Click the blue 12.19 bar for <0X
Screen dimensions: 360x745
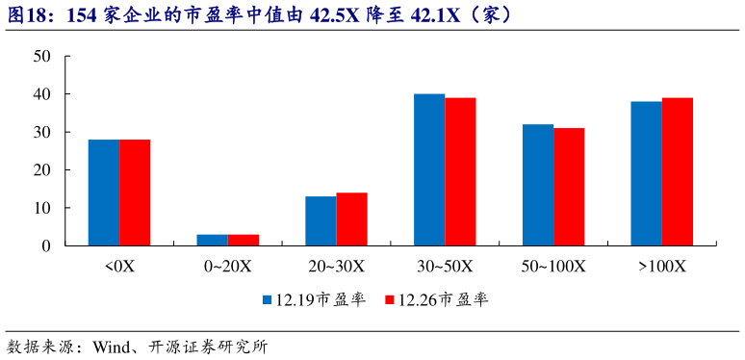click(x=104, y=193)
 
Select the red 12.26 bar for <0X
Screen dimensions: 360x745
click(x=135, y=193)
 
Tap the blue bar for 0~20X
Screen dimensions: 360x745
click(x=213, y=240)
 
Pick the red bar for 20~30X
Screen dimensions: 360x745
click(x=351, y=219)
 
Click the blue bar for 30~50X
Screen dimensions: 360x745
click(x=429, y=169)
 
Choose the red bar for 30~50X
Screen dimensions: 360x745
click(x=460, y=171)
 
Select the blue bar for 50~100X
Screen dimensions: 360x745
click(x=538, y=185)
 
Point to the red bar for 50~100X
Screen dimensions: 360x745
click(x=569, y=187)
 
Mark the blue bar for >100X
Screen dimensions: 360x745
click(x=647, y=173)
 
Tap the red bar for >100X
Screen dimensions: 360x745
click(x=678, y=171)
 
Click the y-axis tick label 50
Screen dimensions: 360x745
click(x=41, y=57)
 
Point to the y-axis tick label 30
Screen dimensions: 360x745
click(x=41, y=132)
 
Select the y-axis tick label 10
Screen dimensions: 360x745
click(x=41, y=208)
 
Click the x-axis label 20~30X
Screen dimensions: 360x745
click(x=336, y=266)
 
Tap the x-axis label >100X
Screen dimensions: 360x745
click(x=662, y=266)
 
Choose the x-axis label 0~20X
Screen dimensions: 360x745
click(x=228, y=266)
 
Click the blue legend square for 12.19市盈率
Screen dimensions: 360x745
click(x=269, y=300)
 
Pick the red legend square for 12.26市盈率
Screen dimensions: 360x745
click(x=390, y=300)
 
